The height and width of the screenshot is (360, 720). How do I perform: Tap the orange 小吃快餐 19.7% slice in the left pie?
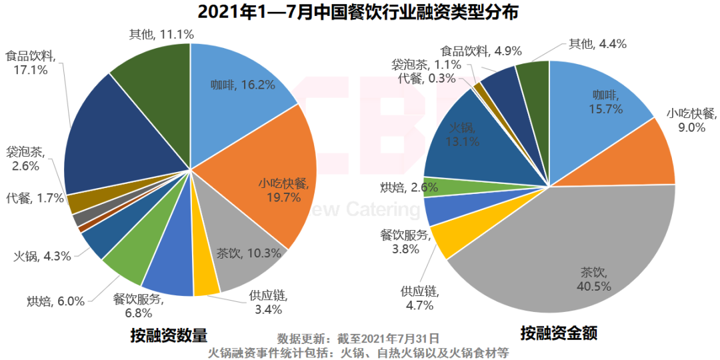click(267, 180)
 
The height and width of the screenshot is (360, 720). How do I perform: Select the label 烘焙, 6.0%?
click(56, 301)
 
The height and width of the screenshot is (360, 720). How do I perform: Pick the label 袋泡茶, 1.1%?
click(426, 65)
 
